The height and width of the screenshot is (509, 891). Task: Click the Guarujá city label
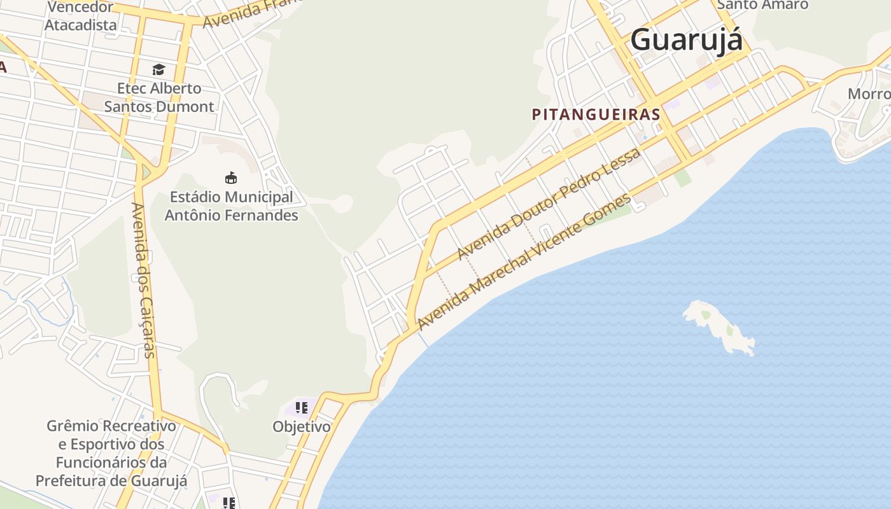[x=686, y=40]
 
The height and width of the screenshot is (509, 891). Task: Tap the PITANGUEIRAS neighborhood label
[x=596, y=115]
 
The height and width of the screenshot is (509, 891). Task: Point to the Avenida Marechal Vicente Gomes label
[x=524, y=261]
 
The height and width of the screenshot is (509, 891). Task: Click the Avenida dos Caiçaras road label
[x=143, y=280]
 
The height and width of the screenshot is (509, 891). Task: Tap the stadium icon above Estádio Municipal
[x=231, y=178]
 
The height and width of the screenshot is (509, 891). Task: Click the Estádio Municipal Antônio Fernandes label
[x=231, y=206]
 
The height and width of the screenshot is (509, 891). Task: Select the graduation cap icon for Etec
[x=158, y=69]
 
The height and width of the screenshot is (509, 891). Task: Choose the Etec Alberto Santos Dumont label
[x=159, y=97]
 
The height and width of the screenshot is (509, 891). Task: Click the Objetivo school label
[x=302, y=426]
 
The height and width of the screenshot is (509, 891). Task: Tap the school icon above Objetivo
[x=302, y=407]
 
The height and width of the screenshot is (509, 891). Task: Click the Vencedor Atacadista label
[x=81, y=17]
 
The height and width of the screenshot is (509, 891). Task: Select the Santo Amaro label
[x=762, y=5]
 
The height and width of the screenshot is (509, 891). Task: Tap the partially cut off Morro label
[x=869, y=94]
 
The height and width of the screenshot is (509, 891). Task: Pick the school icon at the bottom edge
[x=229, y=503]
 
